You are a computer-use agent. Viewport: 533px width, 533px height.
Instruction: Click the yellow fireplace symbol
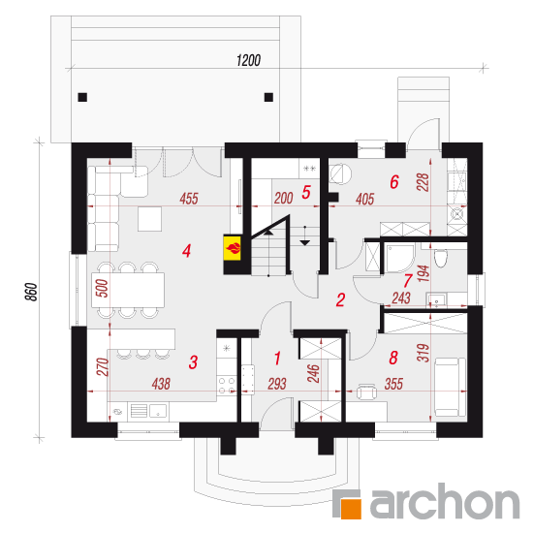pyautogui.click(x=233, y=248)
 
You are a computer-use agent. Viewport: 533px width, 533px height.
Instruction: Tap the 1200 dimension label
pyautogui.click(x=248, y=60)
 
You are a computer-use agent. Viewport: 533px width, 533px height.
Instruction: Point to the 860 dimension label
pyautogui.click(x=31, y=292)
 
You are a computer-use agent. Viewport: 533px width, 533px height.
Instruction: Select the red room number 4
pyautogui.click(x=186, y=251)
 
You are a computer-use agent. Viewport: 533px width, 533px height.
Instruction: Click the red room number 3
pyautogui.click(x=193, y=362)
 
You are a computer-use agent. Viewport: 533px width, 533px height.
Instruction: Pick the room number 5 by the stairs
pyautogui.click(x=306, y=193)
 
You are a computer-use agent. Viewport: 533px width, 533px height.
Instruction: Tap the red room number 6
pyautogui.click(x=394, y=182)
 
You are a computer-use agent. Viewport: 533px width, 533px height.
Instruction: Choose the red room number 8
pyautogui.click(x=393, y=358)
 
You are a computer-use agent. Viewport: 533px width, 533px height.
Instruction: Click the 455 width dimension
pyautogui.click(x=189, y=199)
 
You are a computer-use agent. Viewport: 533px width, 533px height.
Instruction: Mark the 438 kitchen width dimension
pyautogui.click(x=161, y=384)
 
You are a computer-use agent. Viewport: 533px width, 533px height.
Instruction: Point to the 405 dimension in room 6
pyautogui.click(x=365, y=200)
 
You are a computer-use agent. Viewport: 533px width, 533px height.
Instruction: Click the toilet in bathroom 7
pyautogui.click(x=440, y=258)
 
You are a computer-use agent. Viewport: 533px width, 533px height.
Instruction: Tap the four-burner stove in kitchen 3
pyautogui.click(x=227, y=385)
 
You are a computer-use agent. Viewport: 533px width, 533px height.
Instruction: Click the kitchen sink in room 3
pyautogui.click(x=158, y=411)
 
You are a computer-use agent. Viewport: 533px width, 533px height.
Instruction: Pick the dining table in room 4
pyautogui.click(x=128, y=290)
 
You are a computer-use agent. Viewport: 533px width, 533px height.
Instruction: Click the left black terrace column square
pyautogui.click(x=82, y=97)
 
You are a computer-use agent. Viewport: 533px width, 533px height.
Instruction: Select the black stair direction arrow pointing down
pyautogui.click(x=305, y=242)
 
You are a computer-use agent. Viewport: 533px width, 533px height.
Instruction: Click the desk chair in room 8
pyautogui.click(x=366, y=392)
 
